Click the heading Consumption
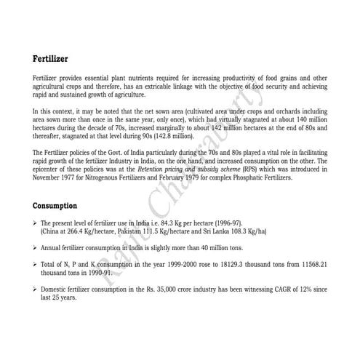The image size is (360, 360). click(x=58, y=205)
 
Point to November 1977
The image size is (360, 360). click(x=59, y=176)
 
